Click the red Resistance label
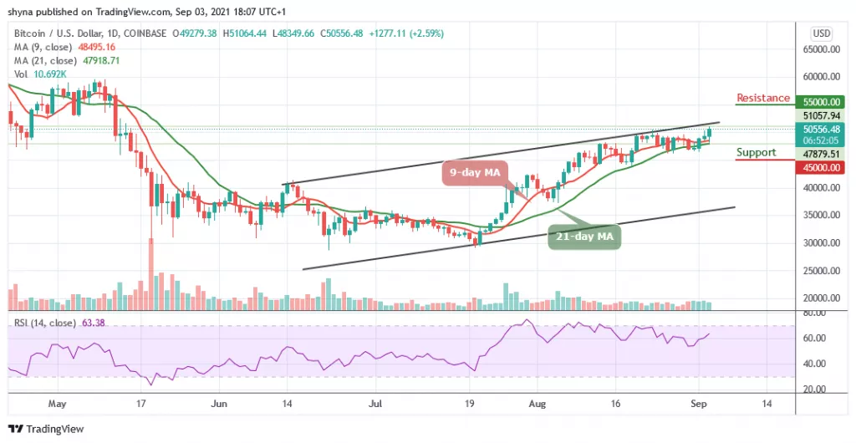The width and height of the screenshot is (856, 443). pyautogui.click(x=762, y=98)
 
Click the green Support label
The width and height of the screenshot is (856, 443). pyautogui.click(x=756, y=152)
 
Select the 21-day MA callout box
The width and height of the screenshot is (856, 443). pyautogui.click(x=585, y=237)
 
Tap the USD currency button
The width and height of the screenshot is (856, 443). pyautogui.click(x=822, y=33)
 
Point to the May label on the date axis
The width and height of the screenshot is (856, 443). pyautogui.click(x=58, y=402)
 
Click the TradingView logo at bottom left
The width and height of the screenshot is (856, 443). pyautogui.click(x=42, y=429)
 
